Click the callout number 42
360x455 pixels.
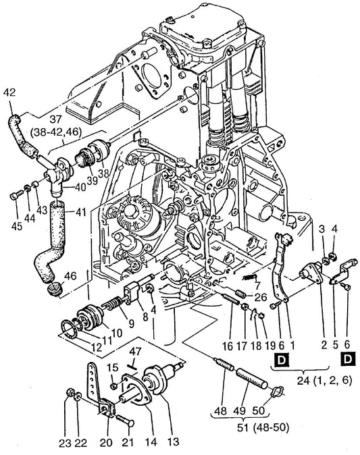pos(9,92)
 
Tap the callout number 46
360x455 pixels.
pos(70,276)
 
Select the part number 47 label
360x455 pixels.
pos(135,352)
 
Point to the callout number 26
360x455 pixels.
pos(260,297)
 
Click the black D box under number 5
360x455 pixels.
pos(348,359)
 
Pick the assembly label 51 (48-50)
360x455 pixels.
pos(263,428)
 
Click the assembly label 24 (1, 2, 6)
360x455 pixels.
pos(324,381)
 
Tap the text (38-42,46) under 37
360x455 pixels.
pos(56,132)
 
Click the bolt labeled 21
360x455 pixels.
pos(125,420)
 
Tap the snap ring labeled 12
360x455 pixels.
pos(70,329)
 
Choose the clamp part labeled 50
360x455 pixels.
pos(277,392)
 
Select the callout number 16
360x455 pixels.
pos(228,346)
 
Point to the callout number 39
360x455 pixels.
pos(93,181)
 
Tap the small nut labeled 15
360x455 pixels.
pos(114,385)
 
